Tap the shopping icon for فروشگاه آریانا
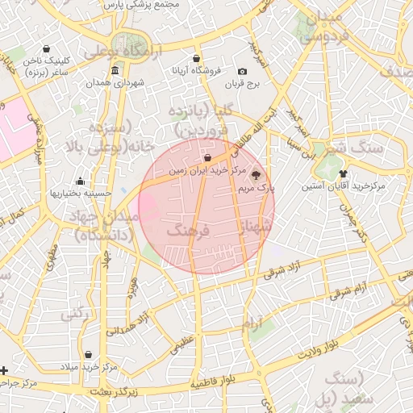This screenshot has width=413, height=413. pyautogui.click(x=198, y=58)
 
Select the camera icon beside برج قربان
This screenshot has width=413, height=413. pyautogui.click(x=243, y=72)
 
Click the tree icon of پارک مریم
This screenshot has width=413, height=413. pyautogui.click(x=257, y=174)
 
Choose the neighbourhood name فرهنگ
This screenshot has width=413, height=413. pyautogui.click(x=187, y=231)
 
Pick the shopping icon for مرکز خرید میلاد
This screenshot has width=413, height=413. pyautogui.click(x=88, y=354)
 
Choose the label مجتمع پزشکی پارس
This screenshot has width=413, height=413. pyautogui.click(x=142, y=4)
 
